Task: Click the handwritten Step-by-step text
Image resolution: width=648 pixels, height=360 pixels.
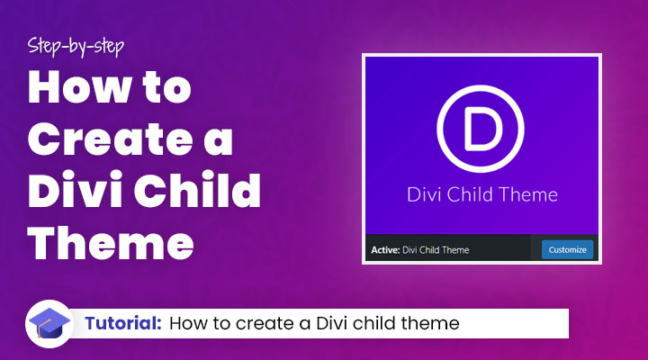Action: pos(76,44)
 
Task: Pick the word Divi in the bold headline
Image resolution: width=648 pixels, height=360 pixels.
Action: pos(76,193)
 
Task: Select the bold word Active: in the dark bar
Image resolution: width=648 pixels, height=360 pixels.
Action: pos(384,249)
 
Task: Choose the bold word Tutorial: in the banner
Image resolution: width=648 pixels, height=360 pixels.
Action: pos(123,323)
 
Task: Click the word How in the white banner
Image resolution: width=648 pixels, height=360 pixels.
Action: pos(187,323)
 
